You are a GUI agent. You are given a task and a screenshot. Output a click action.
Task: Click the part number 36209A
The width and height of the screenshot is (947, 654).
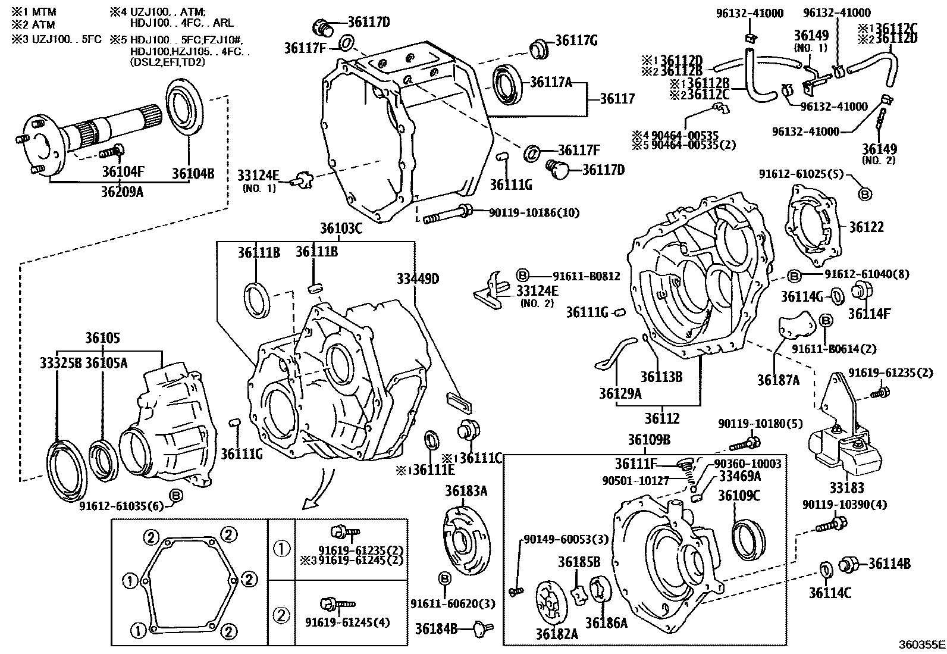point(122,192)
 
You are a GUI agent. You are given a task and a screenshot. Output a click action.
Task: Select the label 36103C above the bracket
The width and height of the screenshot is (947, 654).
point(341,229)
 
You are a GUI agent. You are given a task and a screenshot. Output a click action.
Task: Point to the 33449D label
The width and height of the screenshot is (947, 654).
point(418,279)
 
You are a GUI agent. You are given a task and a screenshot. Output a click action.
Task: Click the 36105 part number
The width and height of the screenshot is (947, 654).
point(103,338)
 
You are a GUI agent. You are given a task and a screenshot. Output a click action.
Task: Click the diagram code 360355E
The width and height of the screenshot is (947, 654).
point(921,644)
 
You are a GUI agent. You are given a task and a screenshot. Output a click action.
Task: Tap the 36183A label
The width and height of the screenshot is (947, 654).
point(466,491)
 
